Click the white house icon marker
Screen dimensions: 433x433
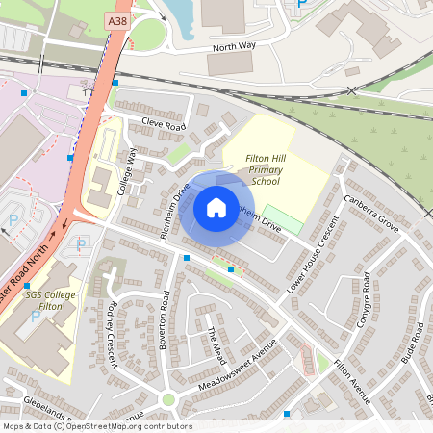point(216,207)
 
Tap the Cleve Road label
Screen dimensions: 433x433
point(163,125)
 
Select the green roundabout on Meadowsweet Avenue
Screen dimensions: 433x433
point(168,398)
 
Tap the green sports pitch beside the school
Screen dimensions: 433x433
point(283,218)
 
